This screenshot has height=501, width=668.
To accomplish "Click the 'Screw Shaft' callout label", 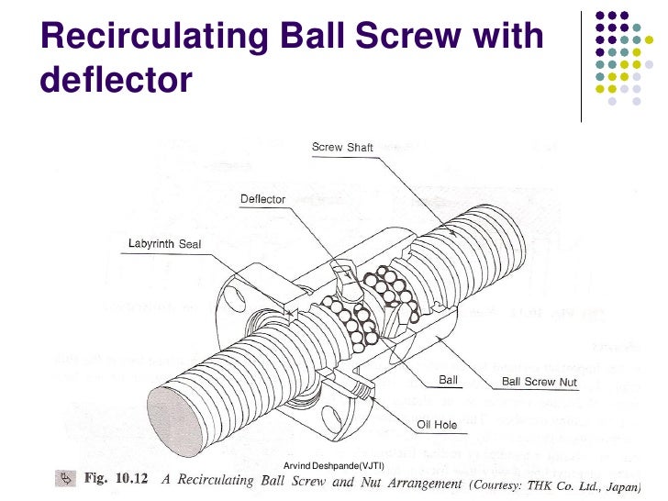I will point(342,147).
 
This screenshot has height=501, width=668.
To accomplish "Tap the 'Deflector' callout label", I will point(262,198).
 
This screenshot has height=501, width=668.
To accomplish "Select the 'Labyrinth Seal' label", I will point(164,244).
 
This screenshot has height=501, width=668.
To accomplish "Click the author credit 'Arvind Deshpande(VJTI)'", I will point(333,467).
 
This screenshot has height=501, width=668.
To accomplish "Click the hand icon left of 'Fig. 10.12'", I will point(66,478).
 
